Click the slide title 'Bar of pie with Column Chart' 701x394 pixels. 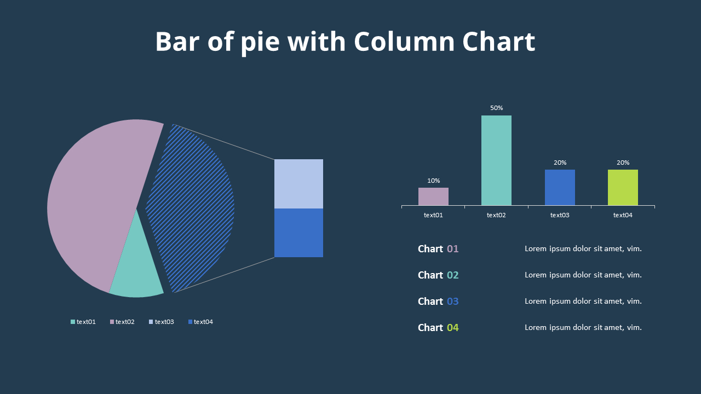coord(345,42)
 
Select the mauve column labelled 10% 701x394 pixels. coord(433,196)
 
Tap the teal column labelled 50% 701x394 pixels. coord(496,160)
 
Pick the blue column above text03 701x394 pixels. coord(560,188)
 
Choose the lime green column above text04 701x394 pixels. coord(623,188)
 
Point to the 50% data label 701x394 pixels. coord(496,108)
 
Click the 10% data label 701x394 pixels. coord(433,181)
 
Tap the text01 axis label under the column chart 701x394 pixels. coord(433,215)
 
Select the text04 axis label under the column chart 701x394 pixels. coord(623,215)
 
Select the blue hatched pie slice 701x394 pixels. coord(192,208)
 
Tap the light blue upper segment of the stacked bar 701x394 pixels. coord(298,184)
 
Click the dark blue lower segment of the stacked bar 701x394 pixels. coord(298,233)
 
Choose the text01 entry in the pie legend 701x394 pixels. coord(83,322)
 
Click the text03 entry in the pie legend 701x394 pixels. coord(162,322)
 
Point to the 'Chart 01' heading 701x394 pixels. coord(438,249)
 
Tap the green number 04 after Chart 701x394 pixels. coord(453,328)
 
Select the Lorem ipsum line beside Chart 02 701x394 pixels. coord(583,275)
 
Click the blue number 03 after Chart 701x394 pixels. coord(453,302)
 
